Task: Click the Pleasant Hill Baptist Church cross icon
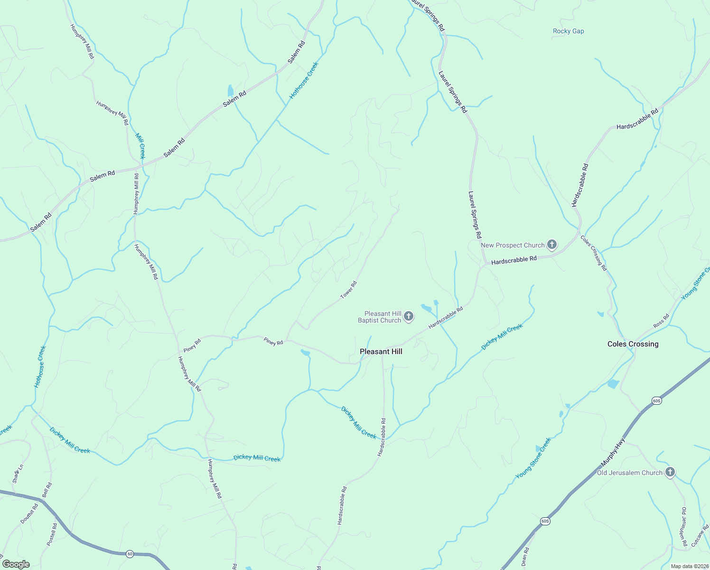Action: tap(409, 316)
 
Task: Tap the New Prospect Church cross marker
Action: tap(551, 245)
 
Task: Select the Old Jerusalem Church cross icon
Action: tap(670, 473)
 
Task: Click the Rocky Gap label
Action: tap(568, 31)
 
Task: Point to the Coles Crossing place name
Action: tap(633, 344)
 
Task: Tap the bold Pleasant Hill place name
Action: tap(381, 351)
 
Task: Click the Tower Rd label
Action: tap(348, 290)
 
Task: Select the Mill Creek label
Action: tap(140, 146)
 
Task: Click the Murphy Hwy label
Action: tap(613, 456)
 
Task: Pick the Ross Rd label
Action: tap(661, 321)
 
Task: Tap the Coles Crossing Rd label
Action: tap(594, 253)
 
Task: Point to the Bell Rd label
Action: tap(47, 490)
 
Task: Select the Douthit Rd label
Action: tap(29, 513)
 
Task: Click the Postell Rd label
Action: tap(52, 534)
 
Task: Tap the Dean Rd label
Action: tap(525, 557)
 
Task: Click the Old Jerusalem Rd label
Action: tap(684, 526)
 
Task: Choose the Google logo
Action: tap(16, 564)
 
